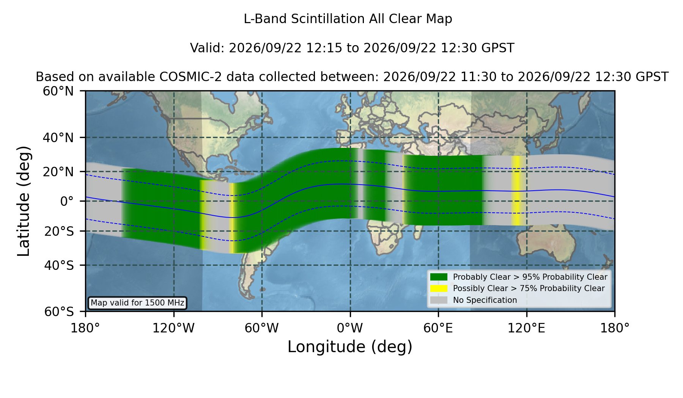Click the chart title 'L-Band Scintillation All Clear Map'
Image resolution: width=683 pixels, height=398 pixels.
pyautogui.click(x=348, y=19)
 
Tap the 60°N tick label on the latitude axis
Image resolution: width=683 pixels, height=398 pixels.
pyautogui.click(x=58, y=91)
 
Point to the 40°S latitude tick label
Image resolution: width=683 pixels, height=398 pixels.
pyautogui.click(x=59, y=265)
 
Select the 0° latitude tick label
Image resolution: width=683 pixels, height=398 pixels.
pyautogui.click(x=67, y=201)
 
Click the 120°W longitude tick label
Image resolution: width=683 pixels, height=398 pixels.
pyautogui.click(x=173, y=328)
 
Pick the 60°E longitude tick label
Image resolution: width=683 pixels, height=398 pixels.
pyautogui.click(x=438, y=328)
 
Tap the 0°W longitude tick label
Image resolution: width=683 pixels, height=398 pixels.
pyautogui.click(x=350, y=328)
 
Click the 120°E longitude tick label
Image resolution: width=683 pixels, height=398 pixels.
pyautogui.click(x=526, y=328)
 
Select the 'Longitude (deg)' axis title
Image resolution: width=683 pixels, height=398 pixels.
pyautogui.click(x=350, y=347)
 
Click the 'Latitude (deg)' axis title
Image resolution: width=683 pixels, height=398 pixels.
pyautogui.click(x=24, y=201)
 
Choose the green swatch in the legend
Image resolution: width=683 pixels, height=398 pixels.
pyautogui.click(x=439, y=277)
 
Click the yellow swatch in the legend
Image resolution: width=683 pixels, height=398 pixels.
pyautogui.click(x=439, y=288)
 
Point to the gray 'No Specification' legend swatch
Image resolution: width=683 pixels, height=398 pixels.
pyautogui.click(x=439, y=300)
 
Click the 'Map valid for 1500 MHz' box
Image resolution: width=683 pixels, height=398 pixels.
pyautogui.click(x=137, y=303)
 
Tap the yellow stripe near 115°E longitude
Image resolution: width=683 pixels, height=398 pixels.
pyautogui.click(x=516, y=190)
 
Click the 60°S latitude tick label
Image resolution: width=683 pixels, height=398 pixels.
pyautogui.click(x=59, y=312)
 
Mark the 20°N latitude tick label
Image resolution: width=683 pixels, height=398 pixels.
pyautogui.click(x=58, y=172)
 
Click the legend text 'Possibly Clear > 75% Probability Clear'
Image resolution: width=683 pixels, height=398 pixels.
pyautogui.click(x=529, y=288)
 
